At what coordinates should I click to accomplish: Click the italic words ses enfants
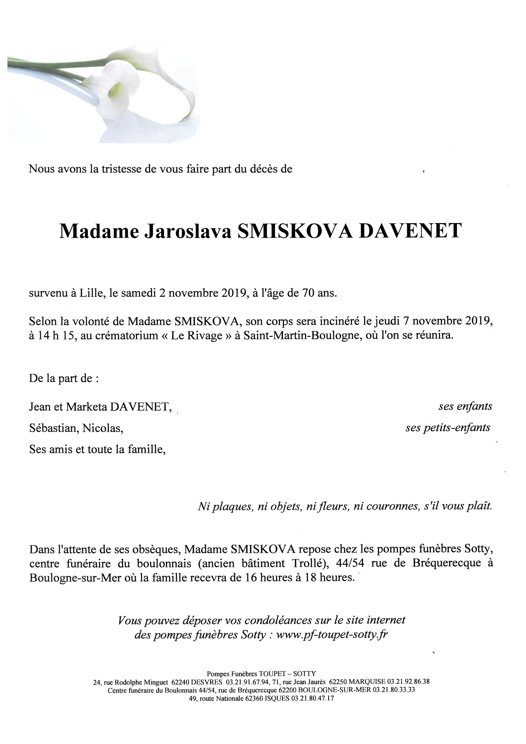465,406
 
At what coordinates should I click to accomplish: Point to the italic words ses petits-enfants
448,428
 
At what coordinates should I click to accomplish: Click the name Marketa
87,407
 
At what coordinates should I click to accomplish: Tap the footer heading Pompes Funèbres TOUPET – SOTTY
261,674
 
